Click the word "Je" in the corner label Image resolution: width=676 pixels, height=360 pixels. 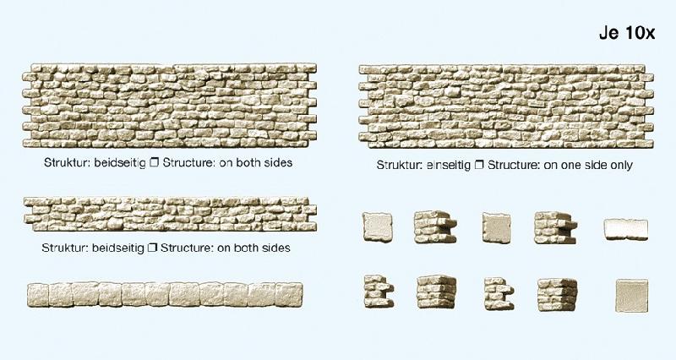[x=608, y=33]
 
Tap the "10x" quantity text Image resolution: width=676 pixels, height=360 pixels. [x=640, y=33]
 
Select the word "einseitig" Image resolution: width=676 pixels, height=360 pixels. [x=448, y=165]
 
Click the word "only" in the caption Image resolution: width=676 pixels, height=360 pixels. [x=621, y=165]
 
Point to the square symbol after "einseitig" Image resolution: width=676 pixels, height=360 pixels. [x=478, y=165]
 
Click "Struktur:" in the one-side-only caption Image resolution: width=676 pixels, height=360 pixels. [x=399, y=165]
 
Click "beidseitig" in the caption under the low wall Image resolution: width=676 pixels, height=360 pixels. [x=118, y=248]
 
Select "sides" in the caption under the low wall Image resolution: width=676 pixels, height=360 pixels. [x=276, y=248]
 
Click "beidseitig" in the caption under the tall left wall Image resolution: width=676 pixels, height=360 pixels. [x=120, y=163]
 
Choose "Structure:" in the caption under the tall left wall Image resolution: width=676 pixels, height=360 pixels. [x=188, y=163]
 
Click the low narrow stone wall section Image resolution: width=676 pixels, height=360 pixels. [x=170, y=214]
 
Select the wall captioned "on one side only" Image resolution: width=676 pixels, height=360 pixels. [x=506, y=106]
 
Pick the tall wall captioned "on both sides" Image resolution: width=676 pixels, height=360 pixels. [x=170, y=106]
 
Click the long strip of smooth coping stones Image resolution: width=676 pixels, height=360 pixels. [x=165, y=294]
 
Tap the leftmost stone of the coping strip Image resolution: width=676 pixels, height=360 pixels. [x=38, y=295]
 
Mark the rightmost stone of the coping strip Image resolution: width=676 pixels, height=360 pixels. [x=289, y=294]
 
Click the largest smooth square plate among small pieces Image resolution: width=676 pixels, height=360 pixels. [x=631, y=296]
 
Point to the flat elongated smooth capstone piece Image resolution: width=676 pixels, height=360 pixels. [x=626, y=229]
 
